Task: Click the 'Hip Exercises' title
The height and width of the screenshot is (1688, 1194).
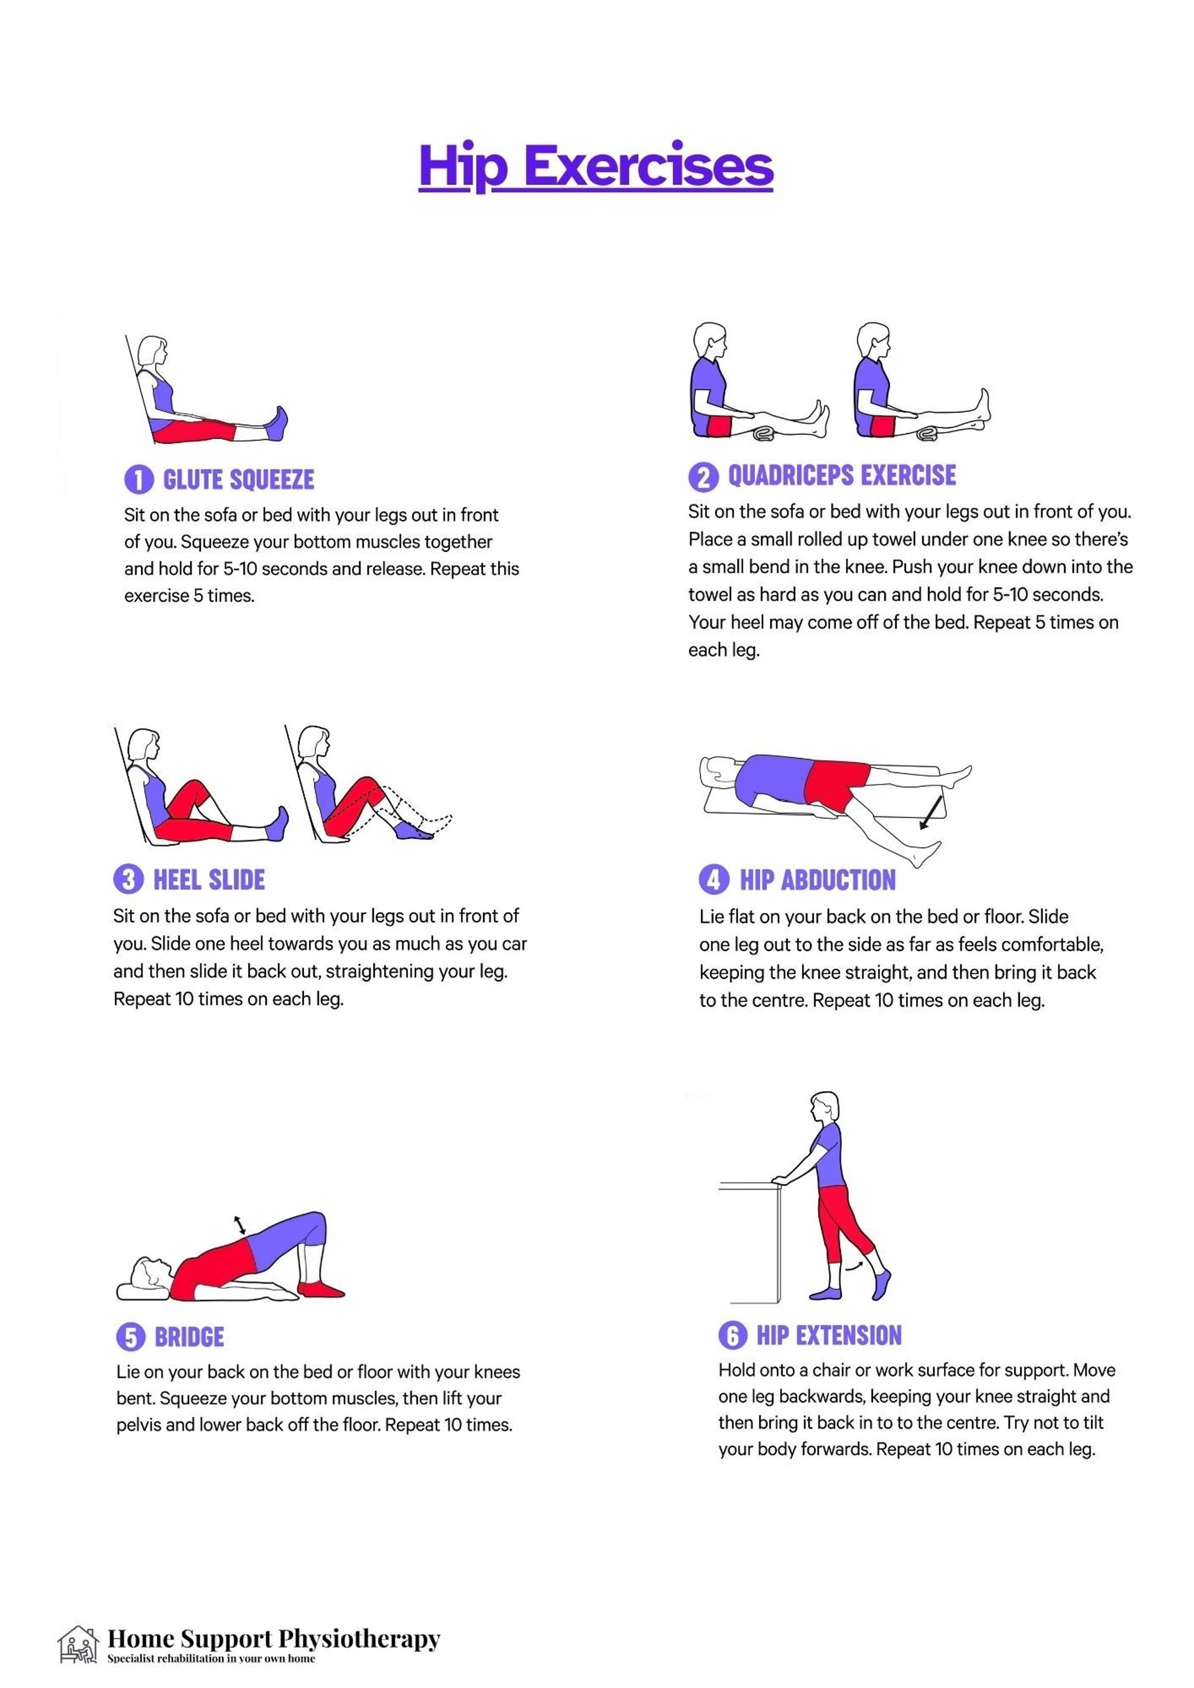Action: pyautogui.click(x=596, y=167)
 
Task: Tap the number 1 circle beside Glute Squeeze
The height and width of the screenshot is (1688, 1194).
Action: pyautogui.click(x=139, y=479)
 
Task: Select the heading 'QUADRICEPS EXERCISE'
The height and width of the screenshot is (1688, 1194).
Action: pyautogui.click(x=842, y=476)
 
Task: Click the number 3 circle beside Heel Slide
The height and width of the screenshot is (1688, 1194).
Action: pyautogui.click(x=128, y=879)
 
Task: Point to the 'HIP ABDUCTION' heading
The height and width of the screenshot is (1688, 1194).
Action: pyautogui.click(x=818, y=880)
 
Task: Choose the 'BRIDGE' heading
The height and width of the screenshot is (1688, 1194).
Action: pyautogui.click(x=189, y=1337)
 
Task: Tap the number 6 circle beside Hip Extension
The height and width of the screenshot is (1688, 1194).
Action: pyautogui.click(x=733, y=1335)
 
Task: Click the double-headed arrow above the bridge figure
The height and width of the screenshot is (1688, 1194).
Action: pyautogui.click(x=239, y=1225)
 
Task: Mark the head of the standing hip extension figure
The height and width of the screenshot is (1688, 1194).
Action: pyautogui.click(x=825, y=1108)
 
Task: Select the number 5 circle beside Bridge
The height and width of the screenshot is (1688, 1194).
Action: pyautogui.click(x=131, y=1337)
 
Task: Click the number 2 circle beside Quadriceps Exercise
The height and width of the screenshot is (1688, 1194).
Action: pyautogui.click(x=703, y=477)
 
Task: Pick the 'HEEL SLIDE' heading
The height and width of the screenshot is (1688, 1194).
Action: pyautogui.click(x=209, y=879)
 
